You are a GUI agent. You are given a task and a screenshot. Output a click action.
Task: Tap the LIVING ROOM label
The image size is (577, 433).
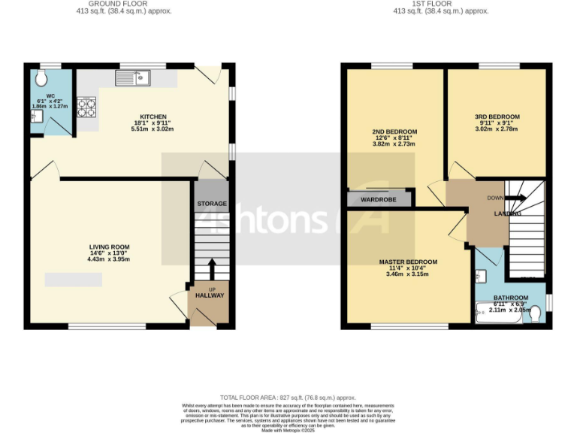(110, 247)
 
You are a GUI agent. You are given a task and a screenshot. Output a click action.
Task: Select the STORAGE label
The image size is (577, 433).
(212, 204)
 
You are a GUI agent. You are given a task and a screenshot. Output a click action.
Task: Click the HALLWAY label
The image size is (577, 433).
(210, 295)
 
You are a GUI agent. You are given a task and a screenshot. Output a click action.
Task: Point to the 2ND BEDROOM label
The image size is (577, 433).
(394, 132)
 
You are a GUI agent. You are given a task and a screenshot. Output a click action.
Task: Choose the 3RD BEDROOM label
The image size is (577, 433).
(497, 117)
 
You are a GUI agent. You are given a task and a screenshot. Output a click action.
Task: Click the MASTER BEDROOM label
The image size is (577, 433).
(407, 262)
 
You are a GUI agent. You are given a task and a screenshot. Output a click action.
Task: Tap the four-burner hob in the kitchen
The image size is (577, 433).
(86, 107)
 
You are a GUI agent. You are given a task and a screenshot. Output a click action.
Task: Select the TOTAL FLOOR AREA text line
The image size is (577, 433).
(288, 397)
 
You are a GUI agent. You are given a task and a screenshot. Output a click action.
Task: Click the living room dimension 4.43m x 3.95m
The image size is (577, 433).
(110, 259)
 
